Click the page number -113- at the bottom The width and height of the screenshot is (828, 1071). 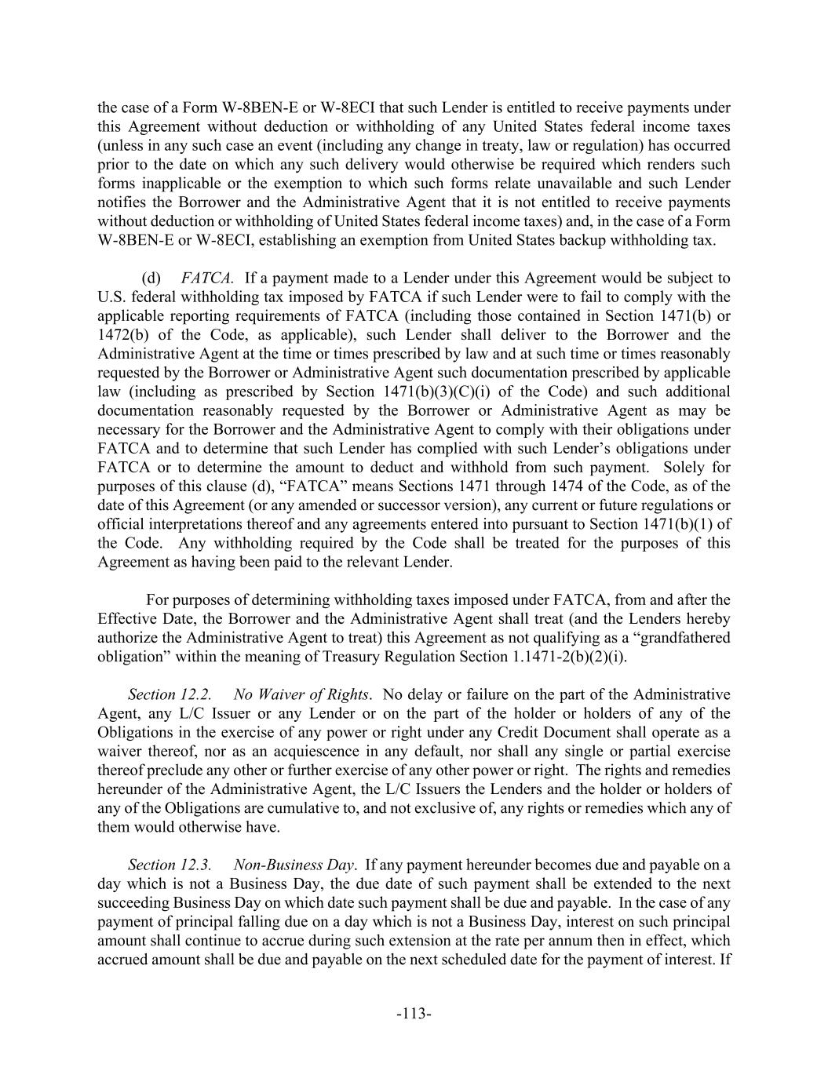[x=414, y=1014]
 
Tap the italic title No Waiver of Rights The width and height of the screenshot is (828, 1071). [x=301, y=694]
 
